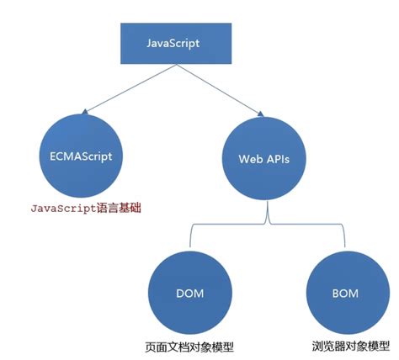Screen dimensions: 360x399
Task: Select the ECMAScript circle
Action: click(81, 157)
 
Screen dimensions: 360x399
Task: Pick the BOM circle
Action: click(344, 294)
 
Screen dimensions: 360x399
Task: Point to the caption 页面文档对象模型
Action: click(186, 346)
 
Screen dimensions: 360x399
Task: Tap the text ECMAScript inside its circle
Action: click(81, 157)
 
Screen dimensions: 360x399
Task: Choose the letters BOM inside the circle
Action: click(344, 294)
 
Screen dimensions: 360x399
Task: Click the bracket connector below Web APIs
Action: click(267, 225)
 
